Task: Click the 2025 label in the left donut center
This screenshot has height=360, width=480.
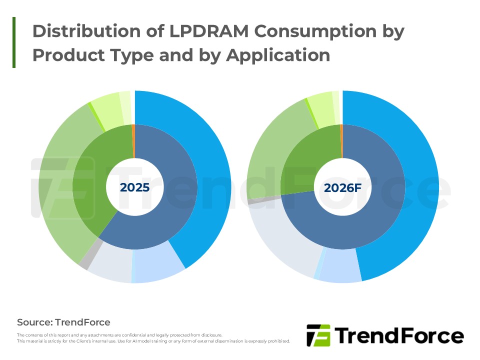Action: click(134, 187)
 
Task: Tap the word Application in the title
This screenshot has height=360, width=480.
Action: click(278, 54)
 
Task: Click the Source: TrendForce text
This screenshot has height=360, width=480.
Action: click(63, 322)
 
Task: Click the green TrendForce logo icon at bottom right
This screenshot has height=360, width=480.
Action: click(318, 335)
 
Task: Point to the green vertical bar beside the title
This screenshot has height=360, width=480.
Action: click(14, 42)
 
